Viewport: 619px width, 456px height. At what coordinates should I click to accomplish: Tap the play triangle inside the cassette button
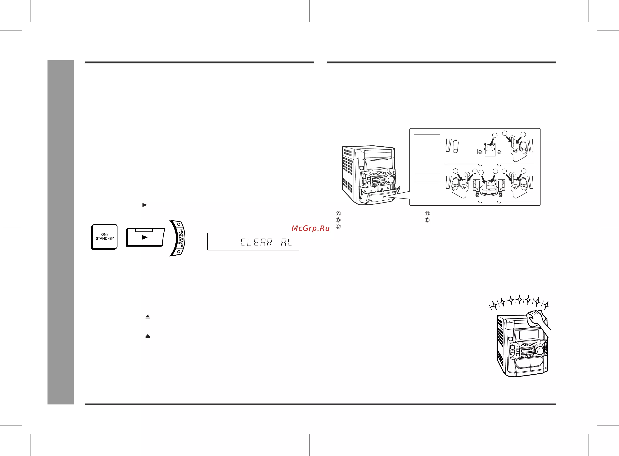coord(145,237)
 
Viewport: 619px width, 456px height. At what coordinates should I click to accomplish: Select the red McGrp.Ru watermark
coord(311,228)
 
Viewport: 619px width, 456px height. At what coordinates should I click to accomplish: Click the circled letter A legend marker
coord(338,214)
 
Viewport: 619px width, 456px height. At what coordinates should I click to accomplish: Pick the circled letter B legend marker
coord(338,220)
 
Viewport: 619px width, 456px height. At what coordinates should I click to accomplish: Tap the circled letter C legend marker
coord(338,226)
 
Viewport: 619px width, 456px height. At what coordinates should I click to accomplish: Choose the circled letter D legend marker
coord(427,214)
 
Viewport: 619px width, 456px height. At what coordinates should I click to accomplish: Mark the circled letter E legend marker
coord(427,220)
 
